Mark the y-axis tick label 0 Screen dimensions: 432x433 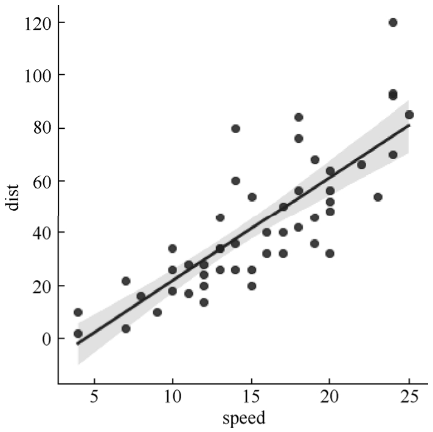(x=43, y=338)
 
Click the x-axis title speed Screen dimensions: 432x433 (x=243, y=419)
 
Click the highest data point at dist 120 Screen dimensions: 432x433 (x=393, y=22)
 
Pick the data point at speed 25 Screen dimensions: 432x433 (x=409, y=114)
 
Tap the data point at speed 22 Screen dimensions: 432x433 (x=361, y=165)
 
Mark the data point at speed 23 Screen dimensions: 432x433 (x=377, y=197)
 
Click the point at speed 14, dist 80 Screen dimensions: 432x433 (x=235, y=128)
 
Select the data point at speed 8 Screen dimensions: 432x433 (x=141, y=297)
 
